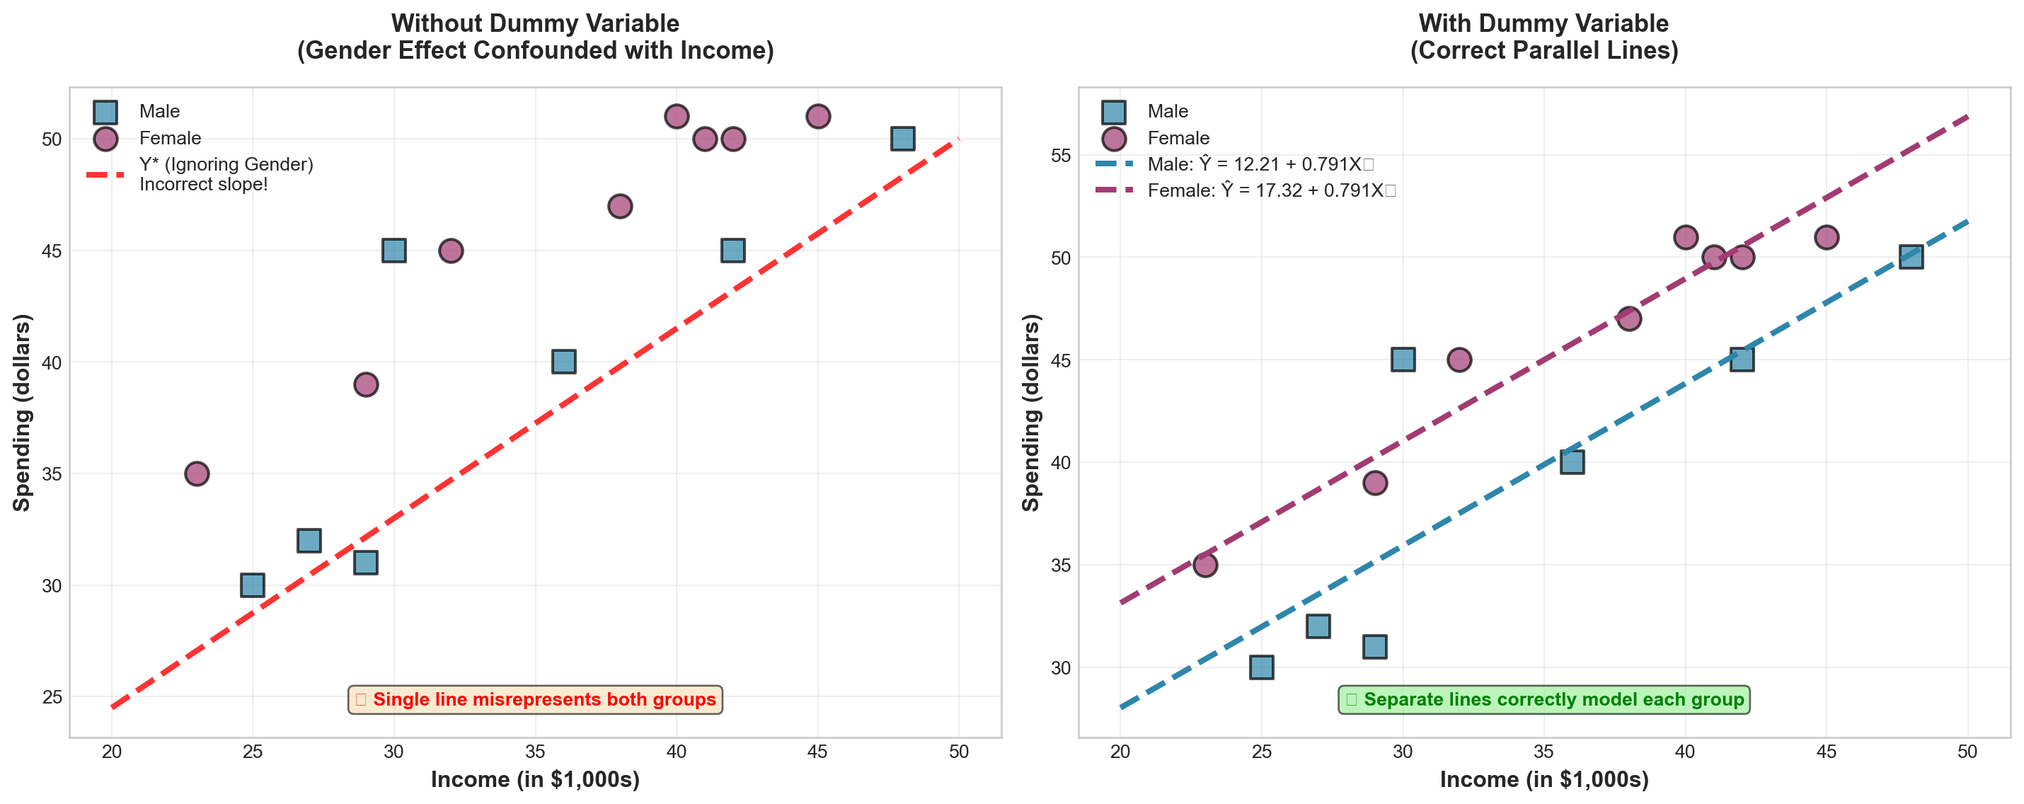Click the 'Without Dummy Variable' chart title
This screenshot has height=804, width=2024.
point(535,23)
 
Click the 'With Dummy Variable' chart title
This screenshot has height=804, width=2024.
point(1543,23)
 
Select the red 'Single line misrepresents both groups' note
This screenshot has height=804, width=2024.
point(535,699)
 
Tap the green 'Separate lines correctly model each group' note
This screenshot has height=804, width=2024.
point(1544,699)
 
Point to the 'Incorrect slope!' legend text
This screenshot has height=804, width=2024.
point(204,185)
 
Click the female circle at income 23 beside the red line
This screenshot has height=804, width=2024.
point(197,474)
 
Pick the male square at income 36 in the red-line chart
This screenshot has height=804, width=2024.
point(563,362)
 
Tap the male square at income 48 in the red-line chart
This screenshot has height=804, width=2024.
point(902,138)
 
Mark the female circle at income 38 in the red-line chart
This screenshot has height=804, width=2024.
point(620,206)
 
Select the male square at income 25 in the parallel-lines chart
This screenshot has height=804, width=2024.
point(1261,667)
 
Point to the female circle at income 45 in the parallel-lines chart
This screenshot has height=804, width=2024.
point(1826,237)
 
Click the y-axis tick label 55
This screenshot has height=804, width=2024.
point(1060,156)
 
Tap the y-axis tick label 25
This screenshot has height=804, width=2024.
point(52,697)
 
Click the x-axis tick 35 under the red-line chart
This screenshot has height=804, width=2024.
point(535,752)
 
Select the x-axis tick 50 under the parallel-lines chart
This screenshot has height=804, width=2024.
point(1967,752)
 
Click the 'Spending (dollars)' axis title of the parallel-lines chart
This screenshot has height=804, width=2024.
point(1030,413)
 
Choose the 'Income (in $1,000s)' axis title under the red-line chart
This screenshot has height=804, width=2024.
point(535,780)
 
